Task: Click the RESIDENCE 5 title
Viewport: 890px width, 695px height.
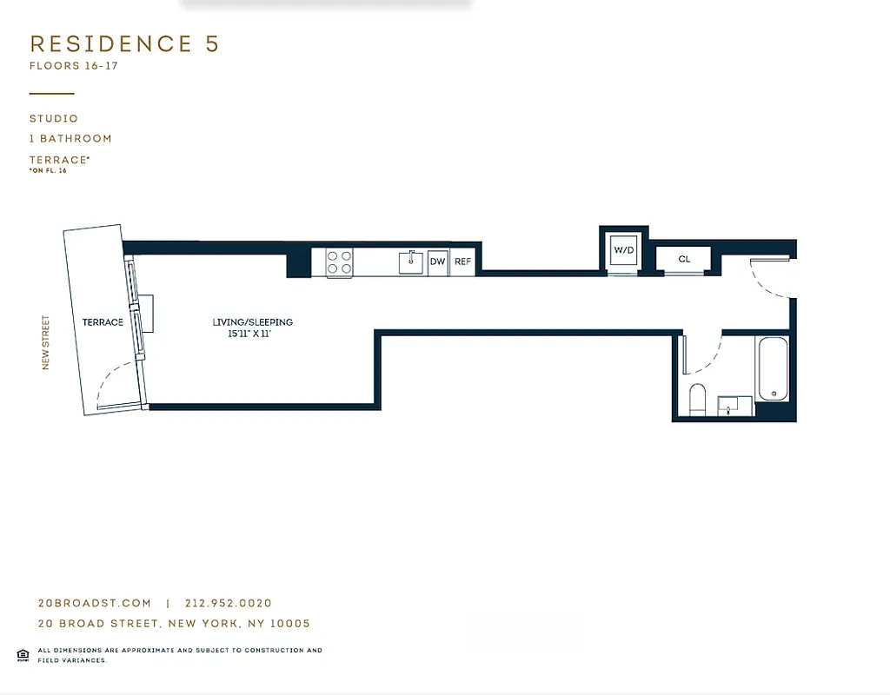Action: [x=124, y=44]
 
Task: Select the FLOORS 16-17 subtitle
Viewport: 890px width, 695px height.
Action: [x=73, y=66]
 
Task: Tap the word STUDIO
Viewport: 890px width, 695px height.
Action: [x=54, y=119]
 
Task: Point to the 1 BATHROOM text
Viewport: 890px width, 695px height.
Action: [x=70, y=139]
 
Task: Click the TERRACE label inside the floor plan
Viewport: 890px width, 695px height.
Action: [x=103, y=322]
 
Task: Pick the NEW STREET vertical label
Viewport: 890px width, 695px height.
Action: [x=46, y=342]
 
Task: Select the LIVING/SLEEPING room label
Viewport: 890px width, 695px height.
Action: [x=253, y=322]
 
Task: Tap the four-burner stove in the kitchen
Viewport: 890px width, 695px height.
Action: [x=339, y=262]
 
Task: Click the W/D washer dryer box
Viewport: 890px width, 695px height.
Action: [x=624, y=250]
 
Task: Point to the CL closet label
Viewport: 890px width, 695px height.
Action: [x=684, y=260]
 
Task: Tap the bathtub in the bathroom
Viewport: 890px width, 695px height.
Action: [x=773, y=369]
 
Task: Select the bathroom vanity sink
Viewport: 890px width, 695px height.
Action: [x=735, y=405]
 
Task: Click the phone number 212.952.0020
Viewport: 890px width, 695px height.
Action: [x=229, y=603]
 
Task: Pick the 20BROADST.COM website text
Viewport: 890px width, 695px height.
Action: [x=95, y=603]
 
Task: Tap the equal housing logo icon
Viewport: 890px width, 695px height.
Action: [x=23, y=654]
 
